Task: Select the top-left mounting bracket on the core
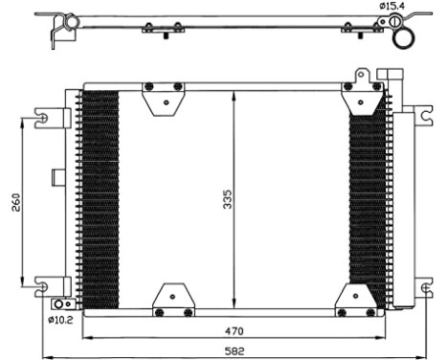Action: pyautogui.click(x=164, y=97)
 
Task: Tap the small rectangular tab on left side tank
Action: pyautogui.click(x=56, y=176)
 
